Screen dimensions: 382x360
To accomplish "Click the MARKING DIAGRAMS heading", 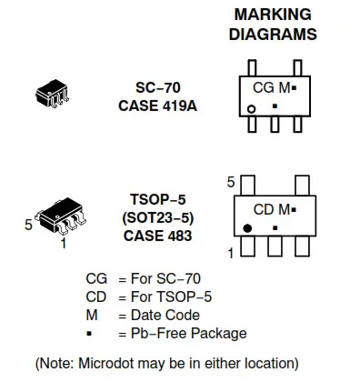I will pos(273,25).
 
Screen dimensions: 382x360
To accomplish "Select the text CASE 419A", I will pos(158,105).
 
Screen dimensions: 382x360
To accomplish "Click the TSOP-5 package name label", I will pos(158,201).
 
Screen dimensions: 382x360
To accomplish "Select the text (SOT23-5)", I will pos(158,218).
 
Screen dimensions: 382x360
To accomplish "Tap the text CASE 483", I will pos(158,236).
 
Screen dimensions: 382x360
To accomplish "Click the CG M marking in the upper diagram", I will pos(272,88).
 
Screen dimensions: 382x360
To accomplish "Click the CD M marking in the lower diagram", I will pos(272,209).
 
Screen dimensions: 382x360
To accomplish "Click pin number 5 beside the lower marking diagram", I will pos(232,181).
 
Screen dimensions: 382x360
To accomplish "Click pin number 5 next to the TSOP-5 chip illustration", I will pos(28,223).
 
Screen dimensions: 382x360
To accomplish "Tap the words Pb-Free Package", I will pos(190,333).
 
